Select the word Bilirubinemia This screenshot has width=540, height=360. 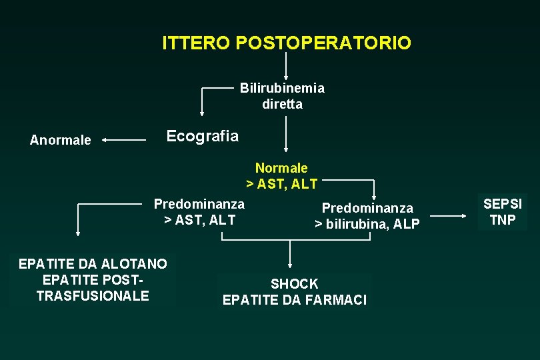pyautogui.click(x=282, y=88)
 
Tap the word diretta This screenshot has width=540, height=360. pyautogui.click(x=282, y=104)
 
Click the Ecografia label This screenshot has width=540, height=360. pyautogui.click(x=202, y=136)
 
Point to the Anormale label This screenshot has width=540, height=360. pyautogui.click(x=61, y=140)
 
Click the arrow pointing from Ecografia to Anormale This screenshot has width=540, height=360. pyautogui.click(x=124, y=140)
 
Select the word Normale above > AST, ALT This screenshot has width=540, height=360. pyautogui.click(x=281, y=168)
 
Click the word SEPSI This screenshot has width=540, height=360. pyautogui.click(x=503, y=204)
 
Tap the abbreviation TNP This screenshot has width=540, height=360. pyautogui.click(x=503, y=220)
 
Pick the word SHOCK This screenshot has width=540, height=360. pyautogui.click(x=294, y=284)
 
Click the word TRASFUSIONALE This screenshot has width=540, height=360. pyautogui.click(x=93, y=295)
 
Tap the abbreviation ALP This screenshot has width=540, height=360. pyautogui.click(x=407, y=225)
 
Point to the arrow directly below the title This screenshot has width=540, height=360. pyautogui.click(x=286, y=67)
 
